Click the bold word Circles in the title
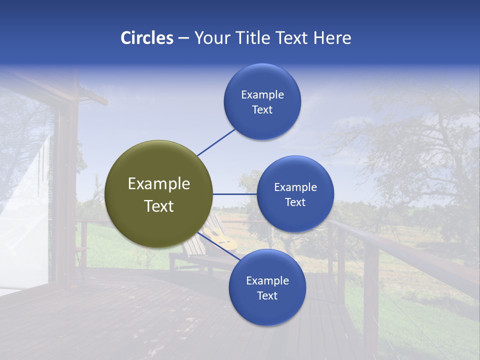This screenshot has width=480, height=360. [147, 38]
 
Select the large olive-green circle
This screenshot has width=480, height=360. [159, 194]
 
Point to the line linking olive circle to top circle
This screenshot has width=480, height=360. [216, 141]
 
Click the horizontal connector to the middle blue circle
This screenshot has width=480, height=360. [234, 194]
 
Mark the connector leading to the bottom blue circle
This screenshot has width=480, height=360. [218, 245]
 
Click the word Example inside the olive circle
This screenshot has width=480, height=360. [159, 184]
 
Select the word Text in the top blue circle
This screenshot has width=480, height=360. [262, 110]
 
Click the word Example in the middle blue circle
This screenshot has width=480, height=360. [295, 187]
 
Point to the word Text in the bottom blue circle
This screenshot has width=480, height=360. [267, 296]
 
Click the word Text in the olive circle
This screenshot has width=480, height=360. [159, 206]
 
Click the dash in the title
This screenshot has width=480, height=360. [183, 38]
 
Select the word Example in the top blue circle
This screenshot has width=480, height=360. [262, 95]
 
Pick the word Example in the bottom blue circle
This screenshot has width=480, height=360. [267, 281]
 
